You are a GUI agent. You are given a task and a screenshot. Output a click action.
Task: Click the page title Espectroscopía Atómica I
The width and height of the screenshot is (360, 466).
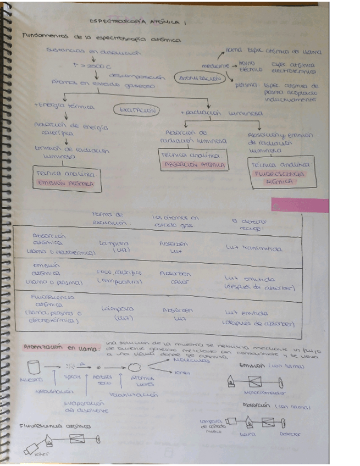click(138, 22)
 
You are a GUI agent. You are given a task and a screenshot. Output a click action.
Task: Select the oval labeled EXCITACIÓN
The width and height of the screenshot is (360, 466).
click(137, 110)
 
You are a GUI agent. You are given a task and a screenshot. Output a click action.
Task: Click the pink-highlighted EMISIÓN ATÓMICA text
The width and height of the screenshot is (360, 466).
click(65, 184)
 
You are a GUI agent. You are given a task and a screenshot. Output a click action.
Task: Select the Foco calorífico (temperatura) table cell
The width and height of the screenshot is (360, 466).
click(119, 276)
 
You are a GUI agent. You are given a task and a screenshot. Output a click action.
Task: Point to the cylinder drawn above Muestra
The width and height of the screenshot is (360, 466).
click(34, 366)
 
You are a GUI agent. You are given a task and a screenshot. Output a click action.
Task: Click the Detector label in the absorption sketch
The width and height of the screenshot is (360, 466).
click(290, 434)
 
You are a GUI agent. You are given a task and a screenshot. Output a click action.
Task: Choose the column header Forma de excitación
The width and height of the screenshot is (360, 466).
click(110, 219)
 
